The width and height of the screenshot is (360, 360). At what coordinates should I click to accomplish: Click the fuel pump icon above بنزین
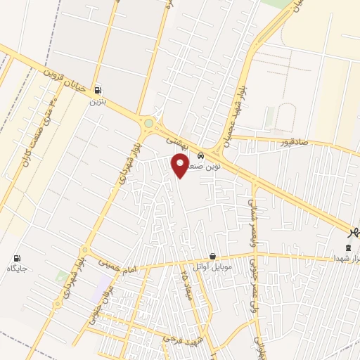pyautogui.click(x=97, y=89)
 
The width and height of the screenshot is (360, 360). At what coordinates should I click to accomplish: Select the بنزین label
pyautogui.click(x=96, y=101)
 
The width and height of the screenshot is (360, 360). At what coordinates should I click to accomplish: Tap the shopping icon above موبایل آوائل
pyautogui.click(x=213, y=257)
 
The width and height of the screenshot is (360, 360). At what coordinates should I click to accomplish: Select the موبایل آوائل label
pyautogui.click(x=214, y=269)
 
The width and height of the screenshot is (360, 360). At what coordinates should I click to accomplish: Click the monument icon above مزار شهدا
pyautogui.click(x=347, y=247)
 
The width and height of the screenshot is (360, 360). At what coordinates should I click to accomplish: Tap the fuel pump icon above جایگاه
pyautogui.click(x=17, y=258)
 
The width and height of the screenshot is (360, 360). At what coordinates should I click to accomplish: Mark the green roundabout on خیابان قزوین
pyautogui.click(x=148, y=124)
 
